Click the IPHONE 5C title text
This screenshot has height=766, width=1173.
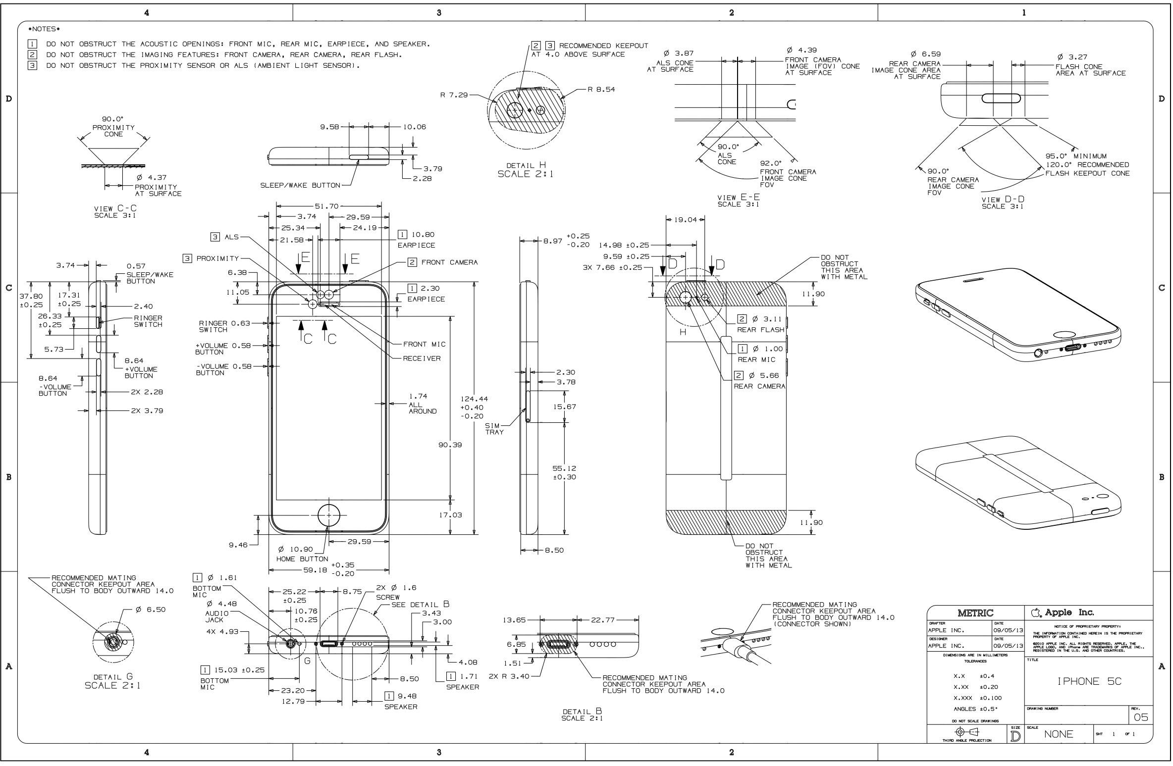pyautogui.click(x=1089, y=681)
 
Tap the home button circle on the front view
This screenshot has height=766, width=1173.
pyautogui.click(x=329, y=515)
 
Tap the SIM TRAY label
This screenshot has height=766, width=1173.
pyautogui.click(x=494, y=429)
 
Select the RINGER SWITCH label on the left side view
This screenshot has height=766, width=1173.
pyautogui.click(x=148, y=321)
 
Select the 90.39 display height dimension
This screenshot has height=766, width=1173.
pyautogui.click(x=450, y=445)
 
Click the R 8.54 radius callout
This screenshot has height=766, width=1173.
pyautogui.click(x=601, y=90)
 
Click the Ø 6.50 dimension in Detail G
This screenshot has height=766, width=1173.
pyautogui.click(x=151, y=609)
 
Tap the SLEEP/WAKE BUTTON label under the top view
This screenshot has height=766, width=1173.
pyautogui.click(x=300, y=185)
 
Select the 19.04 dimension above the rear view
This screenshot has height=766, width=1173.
pyautogui.click(x=686, y=219)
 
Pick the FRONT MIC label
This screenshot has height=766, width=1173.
pyautogui.click(x=424, y=344)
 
